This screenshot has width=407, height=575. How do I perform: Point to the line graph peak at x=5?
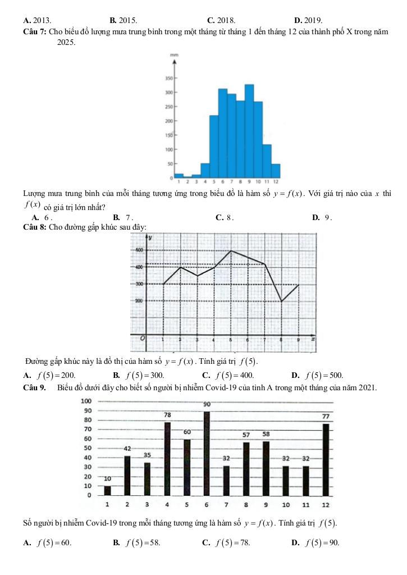point(231,250)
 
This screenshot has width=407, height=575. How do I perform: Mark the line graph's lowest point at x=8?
point(281,302)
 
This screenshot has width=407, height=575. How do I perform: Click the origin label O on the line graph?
point(143,339)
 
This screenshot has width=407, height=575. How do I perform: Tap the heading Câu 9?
point(34,387)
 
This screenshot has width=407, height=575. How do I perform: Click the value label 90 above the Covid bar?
point(207,404)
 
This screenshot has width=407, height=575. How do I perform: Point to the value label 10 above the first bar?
point(107,478)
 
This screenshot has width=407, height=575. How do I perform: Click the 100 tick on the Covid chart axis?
point(86,401)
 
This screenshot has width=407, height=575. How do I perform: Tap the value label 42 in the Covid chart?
point(127,449)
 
